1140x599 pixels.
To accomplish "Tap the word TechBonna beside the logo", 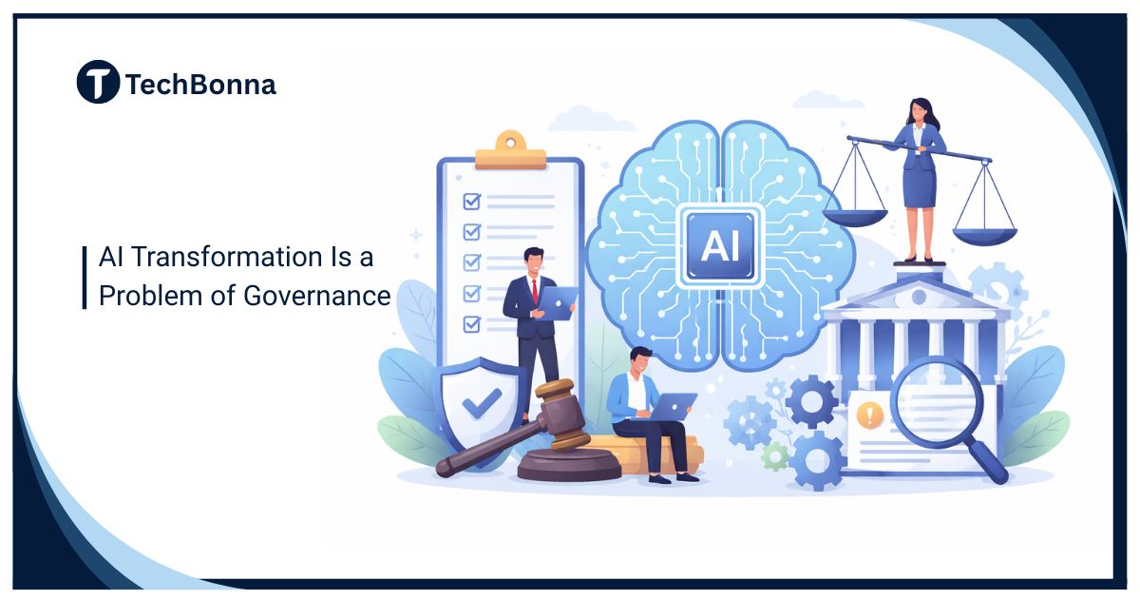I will point(200,85).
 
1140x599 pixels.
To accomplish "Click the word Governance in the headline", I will point(316,296).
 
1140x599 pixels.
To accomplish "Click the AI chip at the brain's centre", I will point(718,245).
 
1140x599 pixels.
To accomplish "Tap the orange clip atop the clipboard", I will point(510,151).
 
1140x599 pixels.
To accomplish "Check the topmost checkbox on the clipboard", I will point(471,202).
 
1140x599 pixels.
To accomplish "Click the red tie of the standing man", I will point(536,289).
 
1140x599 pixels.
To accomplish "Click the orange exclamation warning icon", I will point(869,415).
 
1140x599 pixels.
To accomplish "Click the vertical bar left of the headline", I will point(85,277).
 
